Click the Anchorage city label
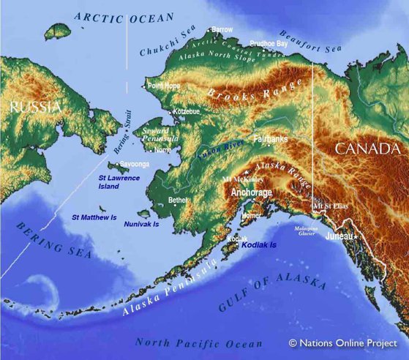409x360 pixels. click(251, 192)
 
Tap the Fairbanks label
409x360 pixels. click(270, 138)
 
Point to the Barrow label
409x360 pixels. click(222, 30)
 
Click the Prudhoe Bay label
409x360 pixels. click(269, 44)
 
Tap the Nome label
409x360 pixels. click(163, 150)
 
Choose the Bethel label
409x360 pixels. click(178, 199)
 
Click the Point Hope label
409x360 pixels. click(164, 86)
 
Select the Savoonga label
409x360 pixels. click(135, 165)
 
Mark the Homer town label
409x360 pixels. click(251, 216)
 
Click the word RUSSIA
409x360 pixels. click(35, 107)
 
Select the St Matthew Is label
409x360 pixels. click(94, 217)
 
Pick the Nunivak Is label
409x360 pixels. click(141, 223)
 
